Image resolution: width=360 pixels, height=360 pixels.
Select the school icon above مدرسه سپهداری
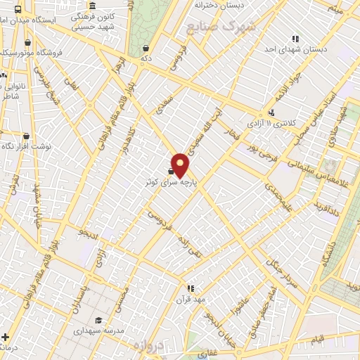[98, 320]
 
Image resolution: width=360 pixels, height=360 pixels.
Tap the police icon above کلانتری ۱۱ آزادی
[271, 112]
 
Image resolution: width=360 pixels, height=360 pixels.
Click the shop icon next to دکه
[146, 48]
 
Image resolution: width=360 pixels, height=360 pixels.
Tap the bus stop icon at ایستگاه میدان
[18, 10]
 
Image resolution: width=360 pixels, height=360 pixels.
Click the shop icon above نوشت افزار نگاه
[26, 136]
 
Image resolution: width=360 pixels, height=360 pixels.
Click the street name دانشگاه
[328, 259]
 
